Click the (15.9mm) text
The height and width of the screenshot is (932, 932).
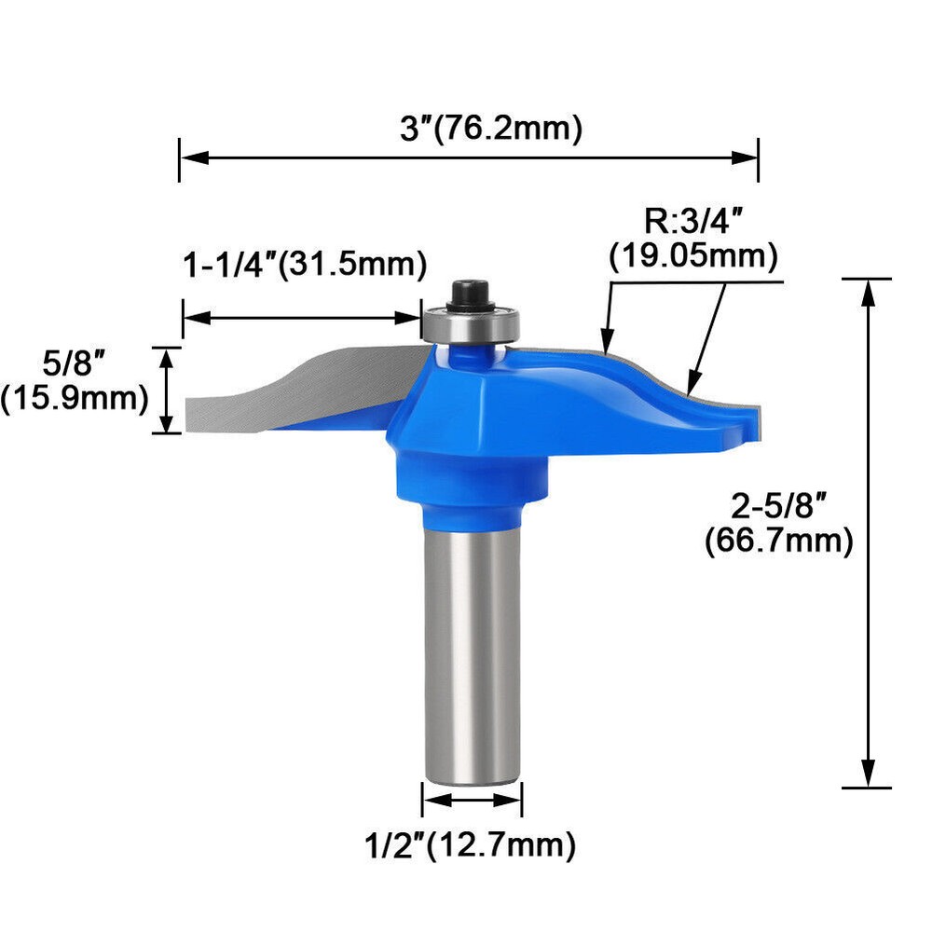[75, 398]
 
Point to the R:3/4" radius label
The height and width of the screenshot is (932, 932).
[693, 222]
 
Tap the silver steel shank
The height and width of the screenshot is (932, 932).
[472, 652]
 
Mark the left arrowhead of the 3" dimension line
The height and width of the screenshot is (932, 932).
[190, 158]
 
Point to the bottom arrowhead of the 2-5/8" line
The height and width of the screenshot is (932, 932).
[868, 775]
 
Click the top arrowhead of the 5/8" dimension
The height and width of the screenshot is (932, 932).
[167, 357]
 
